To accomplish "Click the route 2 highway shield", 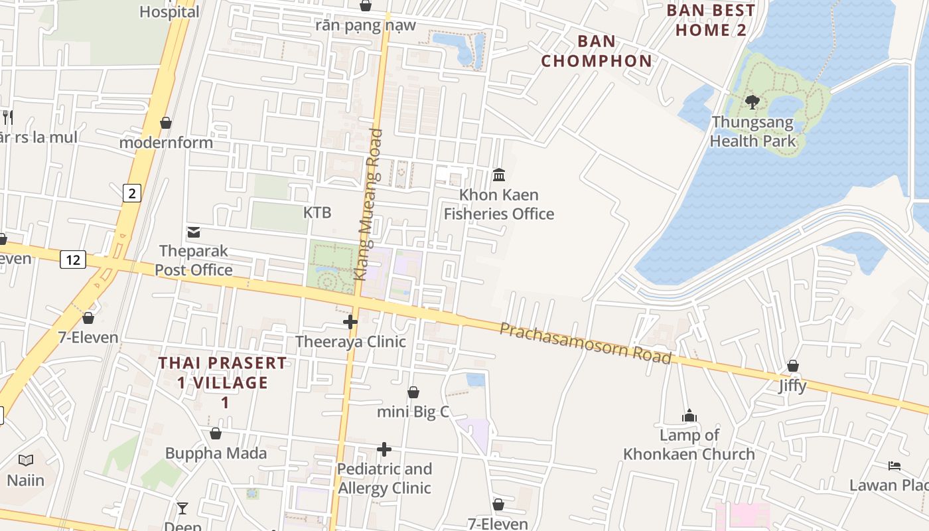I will tap(132, 193).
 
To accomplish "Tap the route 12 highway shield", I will tap(72, 260).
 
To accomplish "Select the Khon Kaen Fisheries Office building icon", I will tap(499, 175).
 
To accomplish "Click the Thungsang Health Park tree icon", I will tap(752, 102).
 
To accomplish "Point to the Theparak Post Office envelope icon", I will tap(194, 232).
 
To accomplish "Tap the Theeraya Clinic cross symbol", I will tap(350, 323).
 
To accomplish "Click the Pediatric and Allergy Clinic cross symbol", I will tap(384, 449).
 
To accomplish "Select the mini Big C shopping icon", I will tap(413, 392).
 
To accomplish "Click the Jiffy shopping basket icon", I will tap(792, 366).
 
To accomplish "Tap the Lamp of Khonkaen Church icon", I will tap(689, 416).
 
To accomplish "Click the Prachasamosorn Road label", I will tap(585, 343).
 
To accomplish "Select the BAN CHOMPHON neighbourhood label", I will tap(596, 51).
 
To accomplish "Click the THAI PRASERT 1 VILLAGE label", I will tap(223, 382).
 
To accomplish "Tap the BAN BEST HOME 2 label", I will tap(711, 20).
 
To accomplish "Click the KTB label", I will tap(317, 212).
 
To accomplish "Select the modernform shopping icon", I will tap(166, 123).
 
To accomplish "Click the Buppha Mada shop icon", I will tap(215, 434).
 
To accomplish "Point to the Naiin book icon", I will tap(26, 460).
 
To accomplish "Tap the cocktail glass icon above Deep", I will tap(182, 508).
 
